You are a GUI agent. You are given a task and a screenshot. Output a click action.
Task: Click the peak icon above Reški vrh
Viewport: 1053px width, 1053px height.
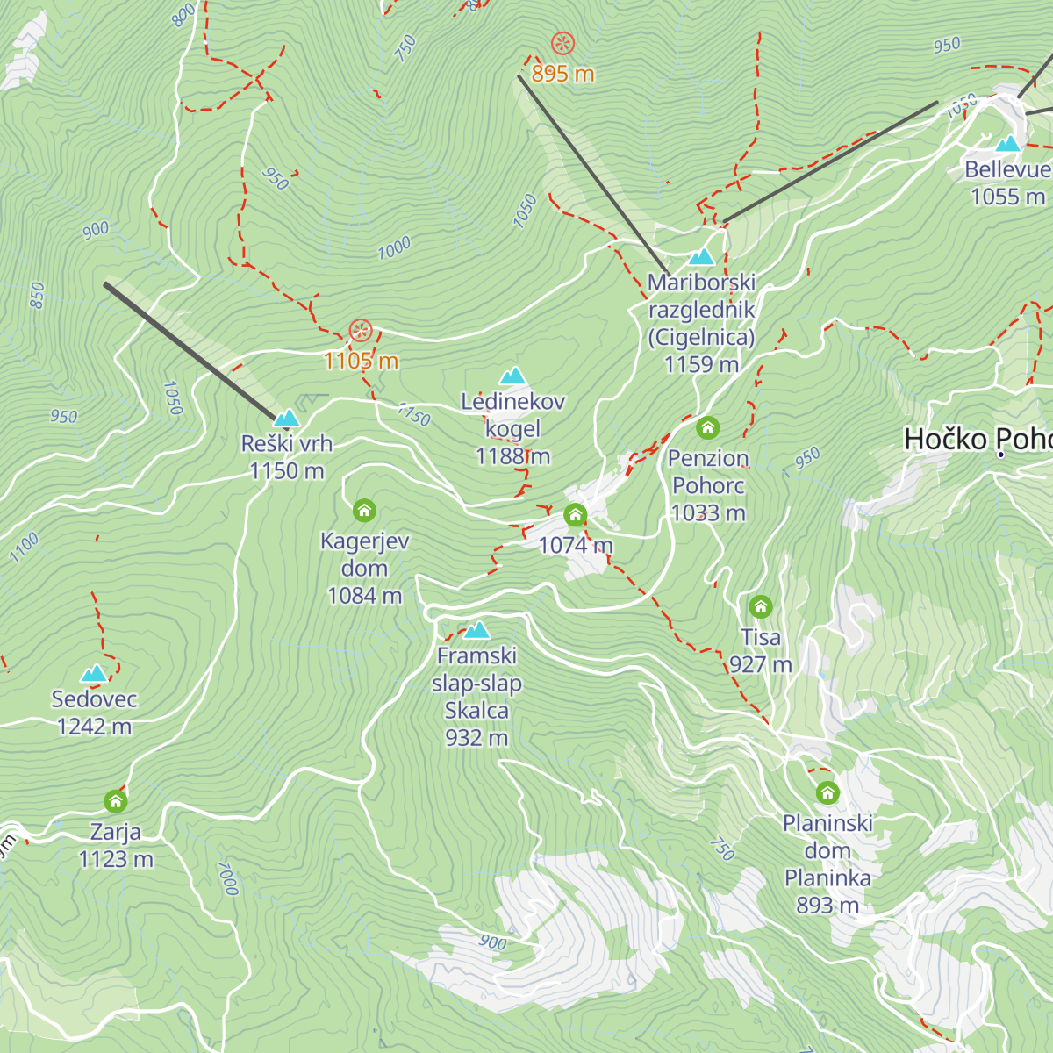(x=287, y=418)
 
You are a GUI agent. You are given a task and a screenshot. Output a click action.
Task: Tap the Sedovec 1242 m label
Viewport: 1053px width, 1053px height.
(x=94, y=713)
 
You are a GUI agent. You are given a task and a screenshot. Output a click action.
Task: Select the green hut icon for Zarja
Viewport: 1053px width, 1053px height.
(x=116, y=801)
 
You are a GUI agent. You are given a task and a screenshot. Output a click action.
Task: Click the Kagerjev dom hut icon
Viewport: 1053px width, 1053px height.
(x=364, y=510)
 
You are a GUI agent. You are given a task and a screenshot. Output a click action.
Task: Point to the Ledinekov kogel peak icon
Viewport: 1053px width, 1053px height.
(x=512, y=376)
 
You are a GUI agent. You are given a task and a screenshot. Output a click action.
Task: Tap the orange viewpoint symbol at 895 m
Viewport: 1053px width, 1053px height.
(x=562, y=43)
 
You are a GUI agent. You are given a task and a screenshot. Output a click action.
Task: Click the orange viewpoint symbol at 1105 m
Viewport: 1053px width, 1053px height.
(x=361, y=332)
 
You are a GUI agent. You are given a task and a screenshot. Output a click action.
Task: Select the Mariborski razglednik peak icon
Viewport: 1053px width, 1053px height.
(x=701, y=257)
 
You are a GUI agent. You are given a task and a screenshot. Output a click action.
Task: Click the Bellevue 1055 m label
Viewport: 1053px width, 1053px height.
(x=1007, y=183)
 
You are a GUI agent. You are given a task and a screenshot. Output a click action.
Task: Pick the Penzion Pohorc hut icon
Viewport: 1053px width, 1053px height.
(x=708, y=428)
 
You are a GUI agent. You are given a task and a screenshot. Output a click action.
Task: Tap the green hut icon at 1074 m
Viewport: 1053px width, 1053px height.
(x=576, y=515)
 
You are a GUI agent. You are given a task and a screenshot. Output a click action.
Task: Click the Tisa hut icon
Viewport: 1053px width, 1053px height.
(x=761, y=606)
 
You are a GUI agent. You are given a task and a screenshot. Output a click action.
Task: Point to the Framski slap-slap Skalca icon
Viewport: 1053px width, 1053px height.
(x=476, y=630)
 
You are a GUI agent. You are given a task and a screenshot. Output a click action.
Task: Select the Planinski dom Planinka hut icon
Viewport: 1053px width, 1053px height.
(x=827, y=793)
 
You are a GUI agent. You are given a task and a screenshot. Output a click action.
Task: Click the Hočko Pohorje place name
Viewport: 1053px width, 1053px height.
(x=978, y=439)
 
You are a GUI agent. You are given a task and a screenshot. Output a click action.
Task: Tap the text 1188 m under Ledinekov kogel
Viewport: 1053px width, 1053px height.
(x=512, y=456)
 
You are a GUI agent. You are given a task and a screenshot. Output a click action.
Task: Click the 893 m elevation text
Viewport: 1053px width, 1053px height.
(x=827, y=905)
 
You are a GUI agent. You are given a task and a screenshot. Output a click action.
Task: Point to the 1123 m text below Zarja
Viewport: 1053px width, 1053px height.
(x=116, y=859)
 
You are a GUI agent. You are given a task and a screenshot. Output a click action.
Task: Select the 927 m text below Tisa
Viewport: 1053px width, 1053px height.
(x=761, y=664)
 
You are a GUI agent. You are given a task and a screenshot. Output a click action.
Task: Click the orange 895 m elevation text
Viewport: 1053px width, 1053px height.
(x=562, y=74)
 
